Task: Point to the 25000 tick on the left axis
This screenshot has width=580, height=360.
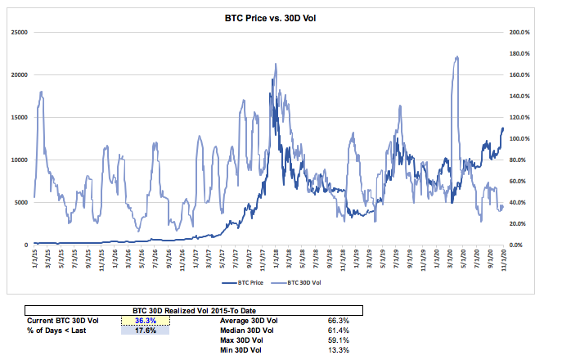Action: (x=19, y=32)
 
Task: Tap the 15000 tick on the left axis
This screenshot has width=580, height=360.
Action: (x=19, y=117)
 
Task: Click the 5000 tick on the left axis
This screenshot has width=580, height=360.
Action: (x=20, y=202)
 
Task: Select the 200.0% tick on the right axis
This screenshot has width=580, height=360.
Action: (x=519, y=32)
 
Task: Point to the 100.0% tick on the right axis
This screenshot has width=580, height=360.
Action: (x=519, y=138)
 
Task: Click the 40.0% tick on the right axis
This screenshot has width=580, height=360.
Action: (x=520, y=202)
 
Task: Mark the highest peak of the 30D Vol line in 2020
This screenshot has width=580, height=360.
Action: (x=456, y=57)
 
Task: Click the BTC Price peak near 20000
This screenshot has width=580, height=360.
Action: (x=271, y=76)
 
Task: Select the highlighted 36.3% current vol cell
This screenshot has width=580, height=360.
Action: (x=145, y=321)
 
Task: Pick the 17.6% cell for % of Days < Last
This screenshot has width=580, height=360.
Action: (x=145, y=331)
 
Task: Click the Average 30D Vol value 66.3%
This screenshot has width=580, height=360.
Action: (x=339, y=321)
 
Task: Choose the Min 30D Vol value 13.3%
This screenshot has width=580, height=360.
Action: (x=339, y=350)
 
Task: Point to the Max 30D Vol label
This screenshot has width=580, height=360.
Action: (x=241, y=340)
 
